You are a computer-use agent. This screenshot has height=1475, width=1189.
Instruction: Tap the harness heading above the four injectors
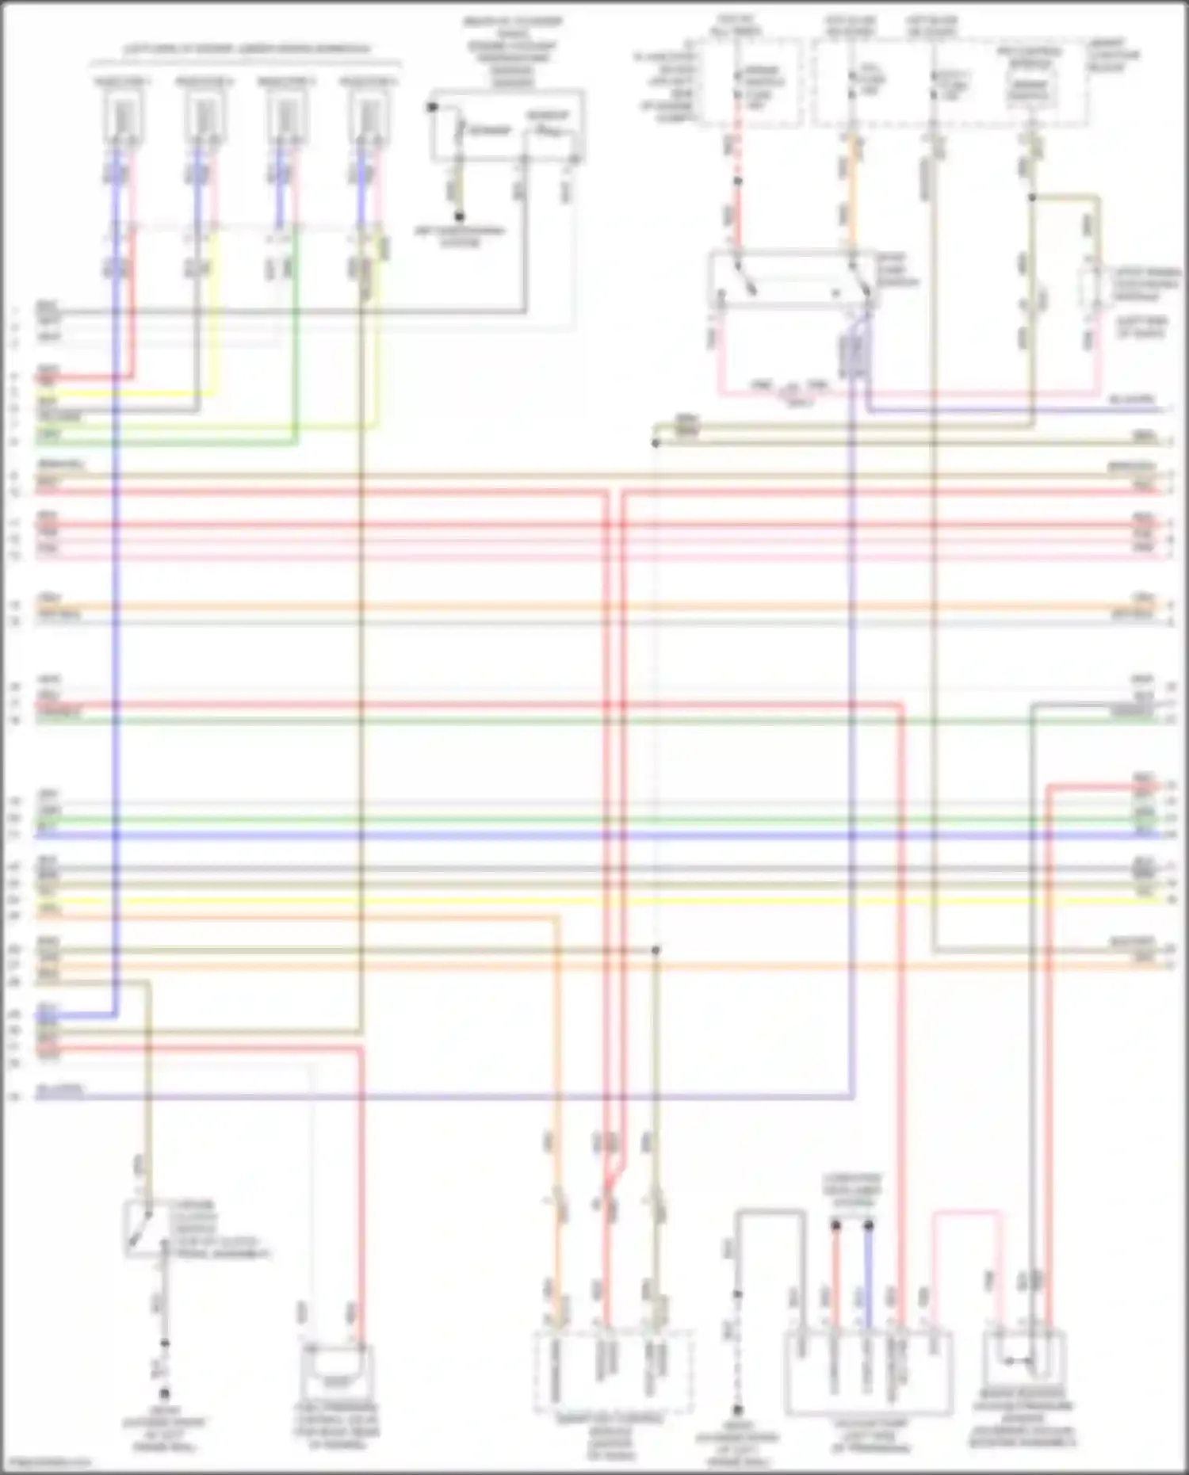[x=247, y=49]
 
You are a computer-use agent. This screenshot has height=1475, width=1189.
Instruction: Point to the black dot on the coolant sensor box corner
[x=433, y=106]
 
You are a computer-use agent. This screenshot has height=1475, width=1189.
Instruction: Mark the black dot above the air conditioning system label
[x=459, y=216]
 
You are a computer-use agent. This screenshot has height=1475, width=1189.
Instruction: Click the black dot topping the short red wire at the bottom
[x=835, y=1225]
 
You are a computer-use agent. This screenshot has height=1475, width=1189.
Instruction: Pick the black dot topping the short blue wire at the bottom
[x=869, y=1225]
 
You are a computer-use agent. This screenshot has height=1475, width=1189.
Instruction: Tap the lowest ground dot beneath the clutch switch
[x=165, y=1393]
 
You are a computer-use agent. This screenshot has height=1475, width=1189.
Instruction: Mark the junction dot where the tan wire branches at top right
[x=1032, y=197]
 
